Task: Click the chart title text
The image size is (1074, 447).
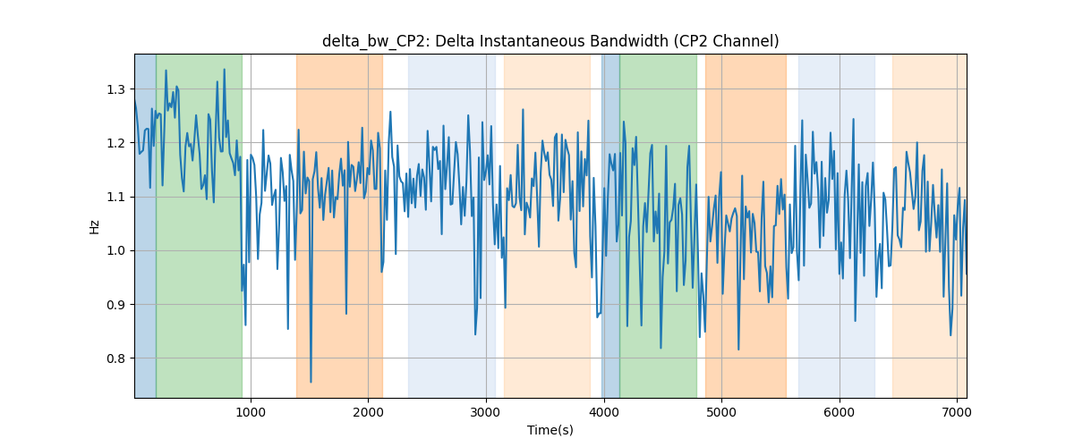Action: pyautogui.click(x=550, y=41)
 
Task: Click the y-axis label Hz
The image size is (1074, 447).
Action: pyautogui.click(x=94, y=227)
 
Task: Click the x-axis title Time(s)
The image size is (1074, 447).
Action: pyautogui.click(x=550, y=430)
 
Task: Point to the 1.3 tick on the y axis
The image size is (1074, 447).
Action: pyautogui.click(x=115, y=89)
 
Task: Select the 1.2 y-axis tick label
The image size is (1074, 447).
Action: pyautogui.click(x=115, y=143)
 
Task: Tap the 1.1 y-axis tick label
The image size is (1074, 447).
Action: pyautogui.click(x=115, y=197)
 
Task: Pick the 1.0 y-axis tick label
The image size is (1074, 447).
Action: pyautogui.click(x=115, y=251)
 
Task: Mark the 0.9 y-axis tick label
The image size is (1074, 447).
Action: pyautogui.click(x=115, y=305)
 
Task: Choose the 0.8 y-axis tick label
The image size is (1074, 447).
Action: pyautogui.click(x=115, y=358)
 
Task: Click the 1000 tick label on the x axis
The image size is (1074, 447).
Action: pyautogui.click(x=251, y=412)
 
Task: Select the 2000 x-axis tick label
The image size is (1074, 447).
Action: pyautogui.click(x=368, y=412)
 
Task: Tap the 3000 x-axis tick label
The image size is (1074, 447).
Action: pyautogui.click(x=486, y=412)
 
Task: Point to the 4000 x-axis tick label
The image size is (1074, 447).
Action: pyautogui.click(x=603, y=412)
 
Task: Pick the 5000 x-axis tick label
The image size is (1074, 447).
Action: pyautogui.click(x=721, y=412)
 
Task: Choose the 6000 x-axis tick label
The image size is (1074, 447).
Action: pyautogui.click(x=840, y=412)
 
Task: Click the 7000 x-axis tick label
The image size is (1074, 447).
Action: pyautogui.click(x=957, y=412)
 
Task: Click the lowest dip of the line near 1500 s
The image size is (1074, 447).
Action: pyautogui.click(x=311, y=382)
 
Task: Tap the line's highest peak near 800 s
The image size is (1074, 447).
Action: pyautogui.click(x=224, y=70)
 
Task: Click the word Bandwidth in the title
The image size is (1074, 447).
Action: pyautogui.click(x=629, y=41)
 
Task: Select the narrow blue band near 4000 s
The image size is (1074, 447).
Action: pyautogui.click(x=610, y=225)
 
